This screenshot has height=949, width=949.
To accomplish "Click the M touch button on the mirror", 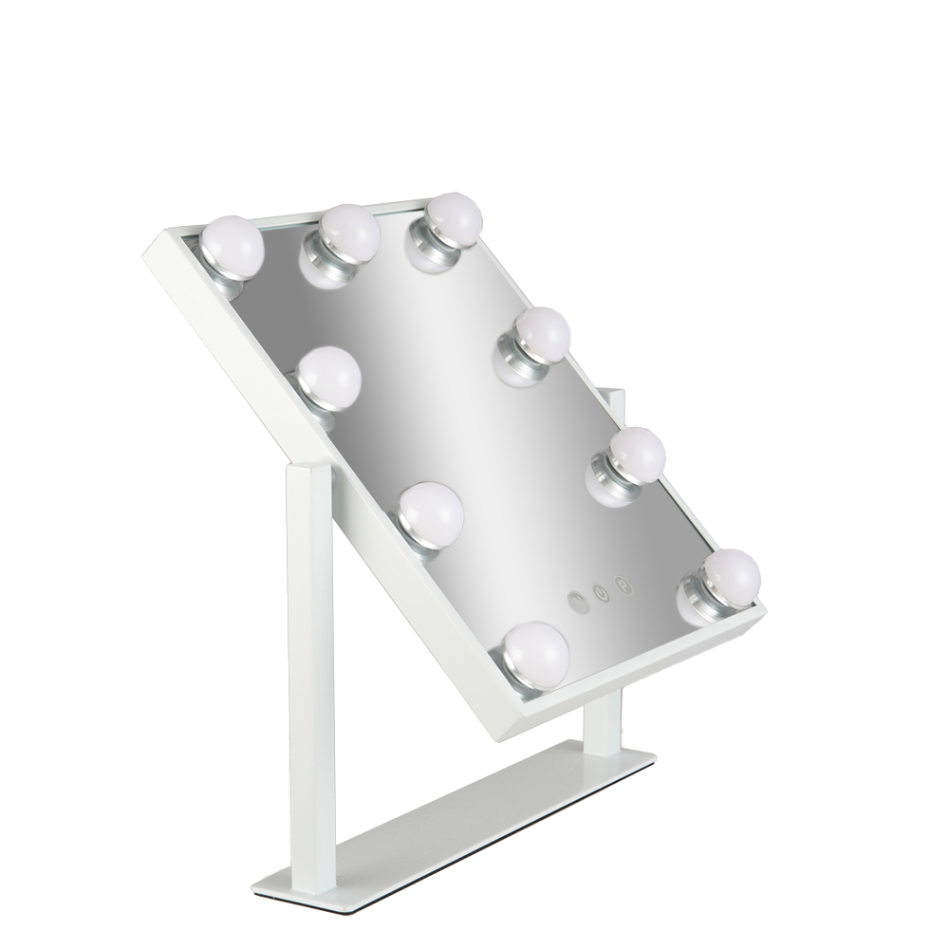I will pos(577,601).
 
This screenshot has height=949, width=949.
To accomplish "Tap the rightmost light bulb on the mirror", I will pos(732,575).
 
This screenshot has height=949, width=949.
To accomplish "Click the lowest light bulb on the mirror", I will pos(536,650).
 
